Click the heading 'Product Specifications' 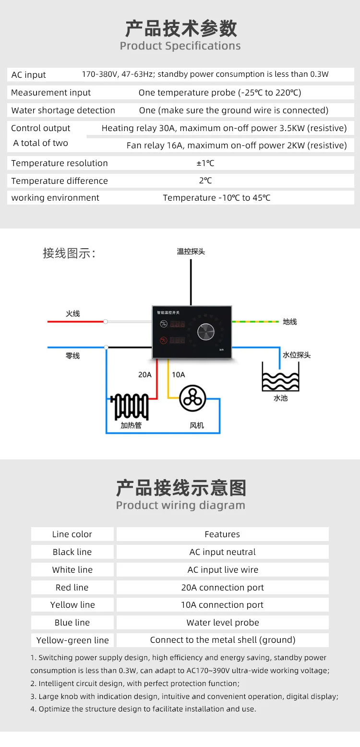[180, 46]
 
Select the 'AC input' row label [29, 75]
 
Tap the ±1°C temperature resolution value [205, 163]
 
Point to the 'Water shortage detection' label [63, 110]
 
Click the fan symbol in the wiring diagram [192, 399]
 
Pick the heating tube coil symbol [130, 406]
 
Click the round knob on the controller [205, 332]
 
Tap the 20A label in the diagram [145, 374]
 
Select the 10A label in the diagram [178, 374]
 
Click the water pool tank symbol [280, 376]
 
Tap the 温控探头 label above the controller [191, 252]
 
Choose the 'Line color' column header [72, 534]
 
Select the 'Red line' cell [72, 588]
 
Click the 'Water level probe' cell [223, 623]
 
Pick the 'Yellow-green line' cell [72, 640]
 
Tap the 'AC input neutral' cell [223, 552]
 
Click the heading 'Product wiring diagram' [180, 505]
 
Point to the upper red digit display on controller [177, 324]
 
